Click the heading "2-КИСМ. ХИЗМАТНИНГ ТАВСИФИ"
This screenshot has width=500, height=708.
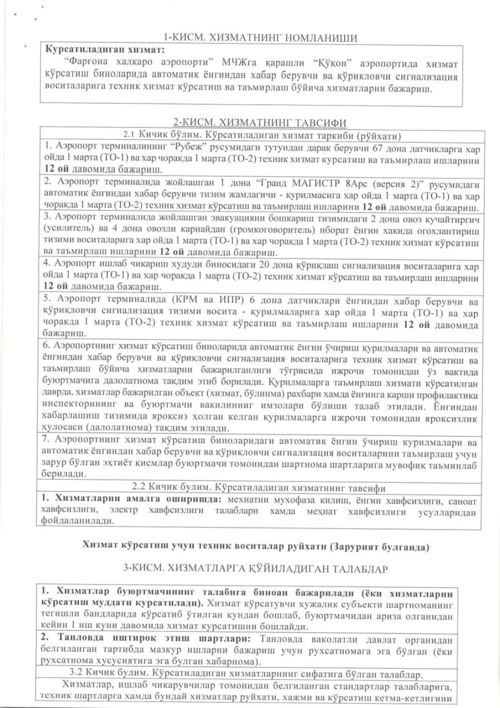click(x=259, y=123)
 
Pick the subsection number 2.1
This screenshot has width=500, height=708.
click(x=129, y=135)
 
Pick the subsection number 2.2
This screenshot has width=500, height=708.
click(x=138, y=486)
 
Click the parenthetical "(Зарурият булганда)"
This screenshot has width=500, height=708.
click(x=378, y=546)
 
